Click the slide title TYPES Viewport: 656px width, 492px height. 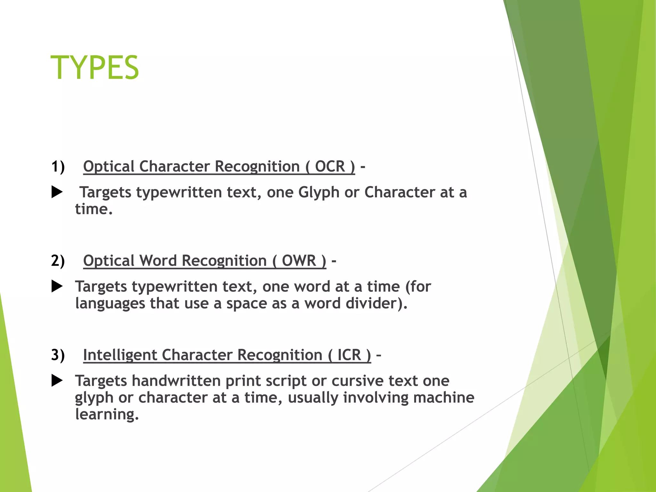coord(95,68)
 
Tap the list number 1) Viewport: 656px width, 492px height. coord(58,167)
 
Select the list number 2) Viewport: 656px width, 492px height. coord(58,261)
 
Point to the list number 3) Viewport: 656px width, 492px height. coord(58,355)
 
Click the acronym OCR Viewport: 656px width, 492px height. coord(330,167)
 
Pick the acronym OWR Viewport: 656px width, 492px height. coord(299,261)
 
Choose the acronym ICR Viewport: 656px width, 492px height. coord(349,355)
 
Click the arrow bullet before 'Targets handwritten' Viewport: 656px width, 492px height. coord(57,381)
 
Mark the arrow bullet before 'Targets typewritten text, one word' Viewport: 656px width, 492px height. coord(57,286)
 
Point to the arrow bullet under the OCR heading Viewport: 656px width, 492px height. coord(57,192)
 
